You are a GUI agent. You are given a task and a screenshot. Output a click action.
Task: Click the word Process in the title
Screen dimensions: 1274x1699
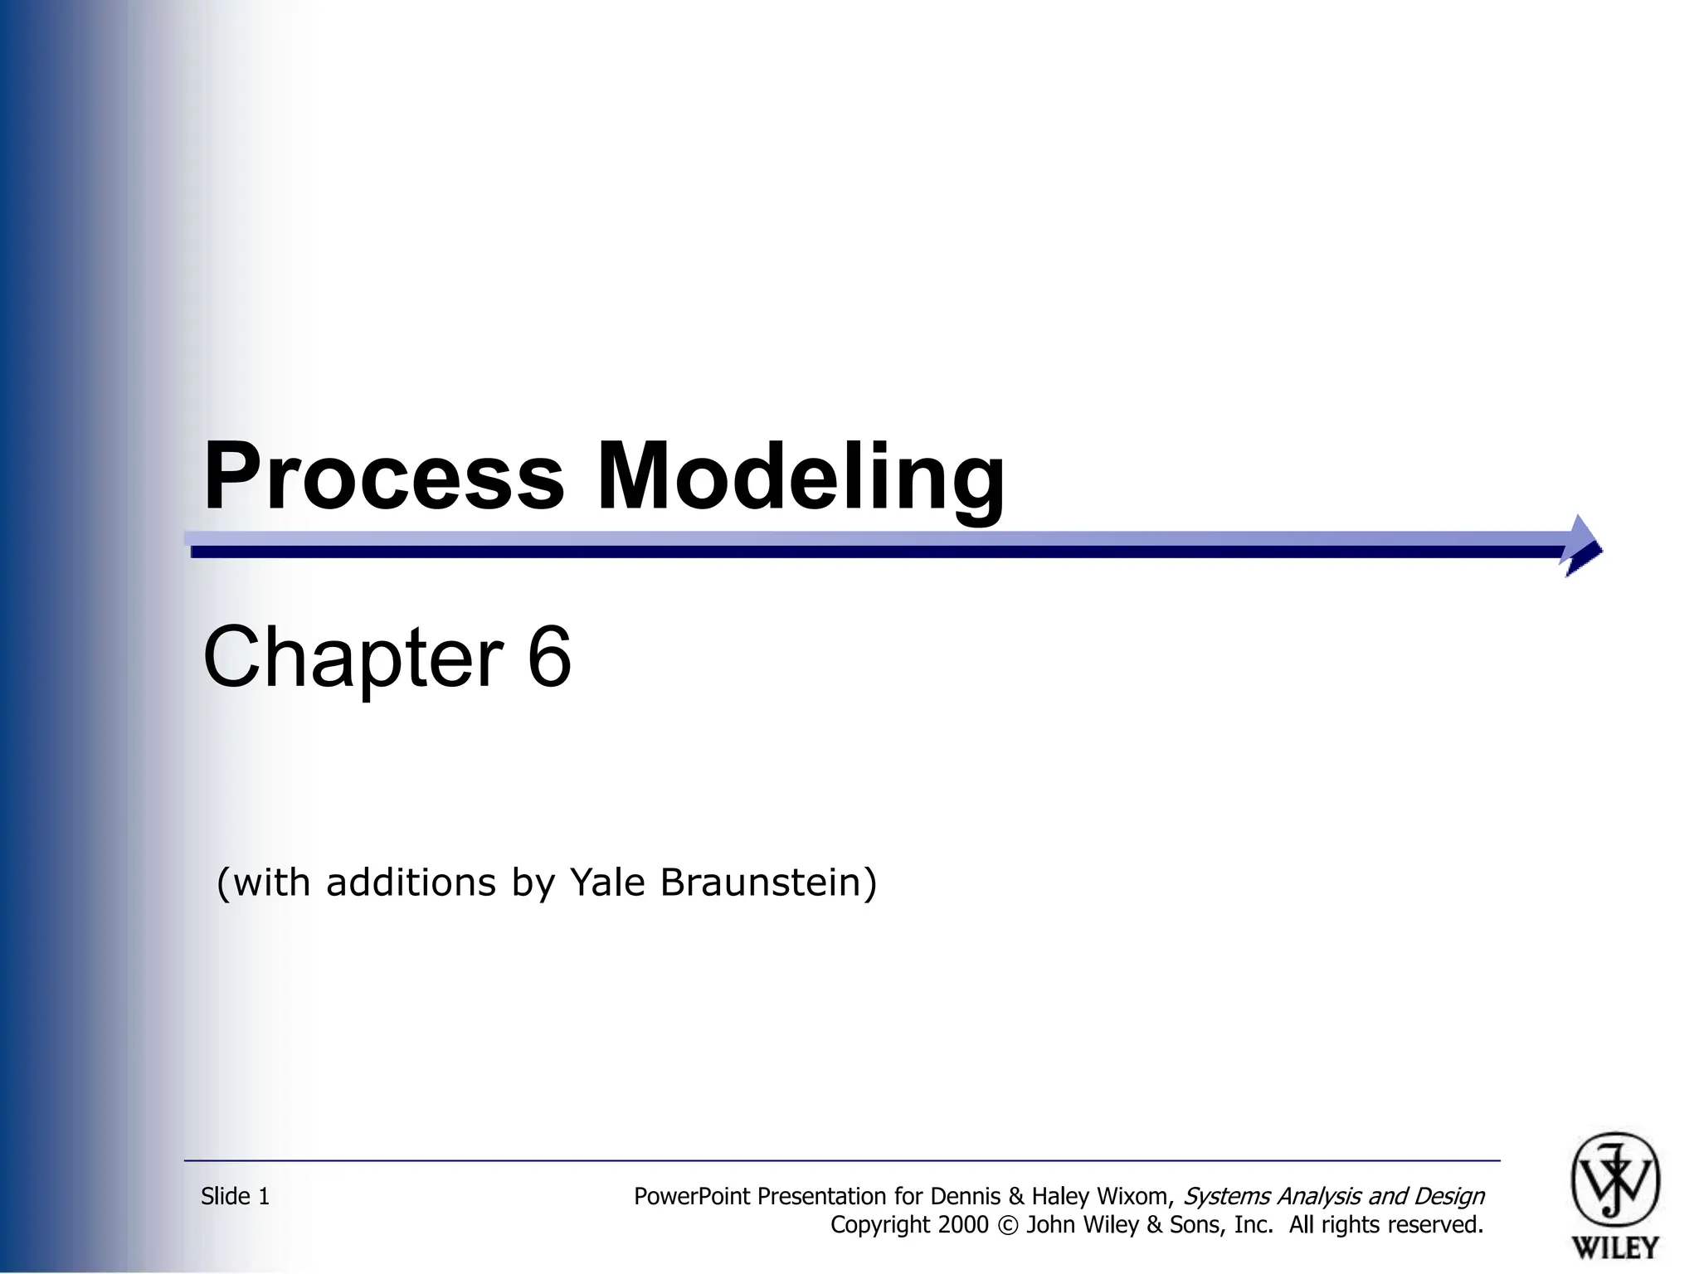coord(383,477)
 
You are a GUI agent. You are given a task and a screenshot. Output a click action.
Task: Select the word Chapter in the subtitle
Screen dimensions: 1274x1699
coord(353,657)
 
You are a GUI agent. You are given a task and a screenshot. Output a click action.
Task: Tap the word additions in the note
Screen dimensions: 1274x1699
coord(411,882)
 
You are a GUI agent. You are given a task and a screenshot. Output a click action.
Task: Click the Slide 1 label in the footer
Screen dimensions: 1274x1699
coord(235,1196)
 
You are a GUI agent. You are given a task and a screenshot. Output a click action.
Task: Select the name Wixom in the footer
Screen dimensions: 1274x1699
coord(1135,1196)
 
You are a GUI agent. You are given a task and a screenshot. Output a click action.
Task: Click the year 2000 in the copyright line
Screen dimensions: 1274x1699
coord(965,1225)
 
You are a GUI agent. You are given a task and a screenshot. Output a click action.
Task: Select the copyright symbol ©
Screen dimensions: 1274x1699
coord(1007,1225)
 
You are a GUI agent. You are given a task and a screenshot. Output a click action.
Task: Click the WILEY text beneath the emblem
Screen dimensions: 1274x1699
coord(1614,1247)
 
